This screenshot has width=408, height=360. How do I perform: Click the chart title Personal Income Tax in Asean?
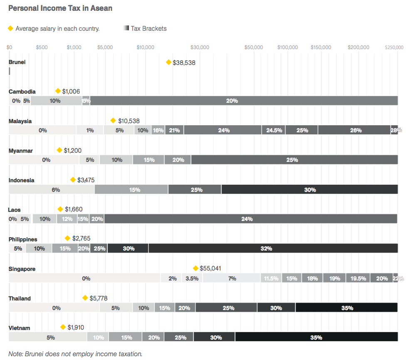coord(60,8)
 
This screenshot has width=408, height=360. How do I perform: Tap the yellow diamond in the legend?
coord(10,28)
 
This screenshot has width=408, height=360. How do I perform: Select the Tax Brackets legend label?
coord(148,29)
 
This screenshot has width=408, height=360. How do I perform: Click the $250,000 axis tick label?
coord(394,47)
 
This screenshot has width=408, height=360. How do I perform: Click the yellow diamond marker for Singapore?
coord(195,268)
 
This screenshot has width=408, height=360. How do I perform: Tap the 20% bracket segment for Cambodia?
coord(244,101)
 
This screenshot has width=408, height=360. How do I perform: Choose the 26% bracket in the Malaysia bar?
coord(355,130)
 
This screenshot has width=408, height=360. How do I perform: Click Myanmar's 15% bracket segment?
coord(148,160)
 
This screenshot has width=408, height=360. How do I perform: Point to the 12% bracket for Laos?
coord(67,219)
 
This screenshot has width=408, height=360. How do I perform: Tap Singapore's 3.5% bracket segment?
coord(192,278)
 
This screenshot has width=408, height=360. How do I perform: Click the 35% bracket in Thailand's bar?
coord(346,308)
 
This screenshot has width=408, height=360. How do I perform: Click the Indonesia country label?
coord(22,180)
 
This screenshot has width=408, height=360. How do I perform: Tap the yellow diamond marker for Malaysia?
coord(113,121)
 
